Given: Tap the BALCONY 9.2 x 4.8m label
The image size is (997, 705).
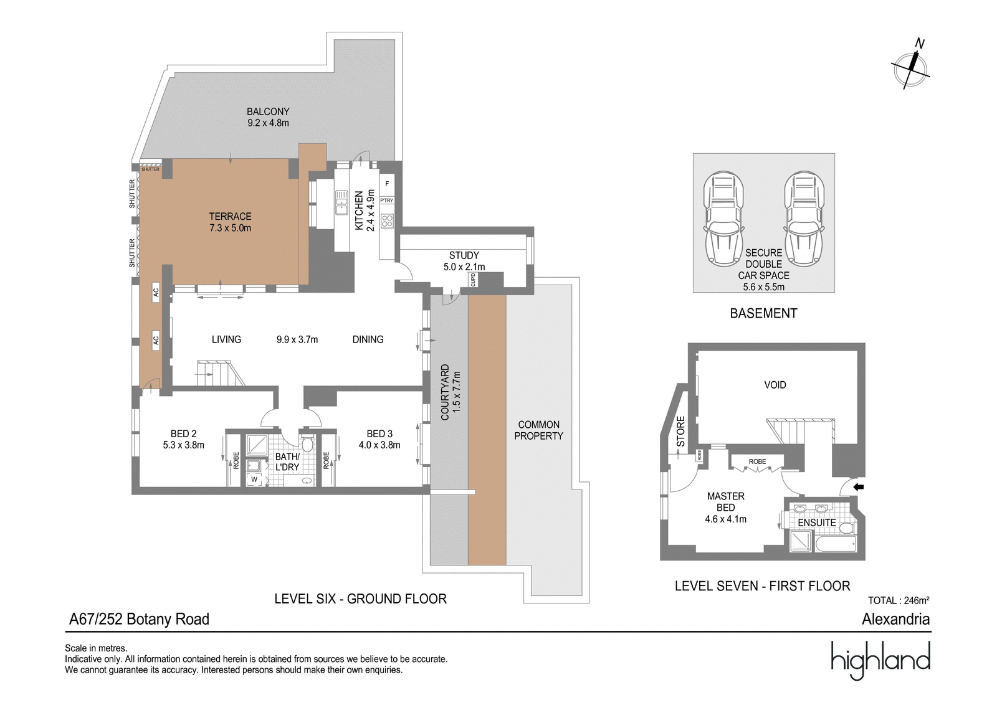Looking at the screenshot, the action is [268, 117].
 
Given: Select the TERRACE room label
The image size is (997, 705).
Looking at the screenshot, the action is [230, 217].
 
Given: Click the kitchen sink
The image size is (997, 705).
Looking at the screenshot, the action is [341, 202].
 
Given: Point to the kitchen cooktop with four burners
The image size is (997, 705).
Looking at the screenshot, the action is [387, 221].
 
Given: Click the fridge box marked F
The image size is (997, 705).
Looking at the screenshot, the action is [387, 184].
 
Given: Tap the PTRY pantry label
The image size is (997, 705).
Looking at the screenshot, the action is [387, 201].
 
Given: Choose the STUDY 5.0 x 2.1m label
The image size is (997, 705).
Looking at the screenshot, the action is [464, 261].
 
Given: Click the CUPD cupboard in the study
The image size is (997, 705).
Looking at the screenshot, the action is [473, 280].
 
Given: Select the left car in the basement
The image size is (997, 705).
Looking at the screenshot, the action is [723, 219].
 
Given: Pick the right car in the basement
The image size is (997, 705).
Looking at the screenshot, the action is [804, 219].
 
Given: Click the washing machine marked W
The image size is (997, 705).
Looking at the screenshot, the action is [254, 480].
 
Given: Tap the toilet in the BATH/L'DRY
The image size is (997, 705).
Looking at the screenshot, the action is [307, 443].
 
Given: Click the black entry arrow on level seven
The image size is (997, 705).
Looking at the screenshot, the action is [859, 487].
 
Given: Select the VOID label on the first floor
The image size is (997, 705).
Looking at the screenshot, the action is [775, 385].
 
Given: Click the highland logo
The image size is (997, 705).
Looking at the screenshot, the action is [880, 660].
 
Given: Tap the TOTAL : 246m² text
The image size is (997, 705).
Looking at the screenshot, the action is [899, 600].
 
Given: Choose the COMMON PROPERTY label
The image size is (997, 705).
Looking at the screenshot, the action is [538, 430].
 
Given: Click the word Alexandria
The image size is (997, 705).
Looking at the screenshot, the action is [896, 619].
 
